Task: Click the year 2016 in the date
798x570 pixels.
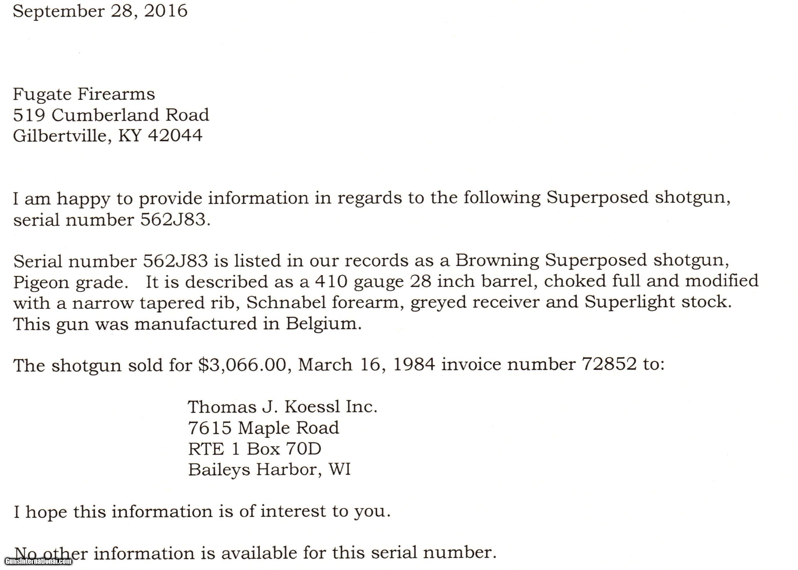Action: [165, 11]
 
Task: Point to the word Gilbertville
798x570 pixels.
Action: [60, 136]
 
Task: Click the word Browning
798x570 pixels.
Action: [497, 260]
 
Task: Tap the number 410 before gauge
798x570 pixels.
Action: [331, 281]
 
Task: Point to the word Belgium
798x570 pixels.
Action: [323, 324]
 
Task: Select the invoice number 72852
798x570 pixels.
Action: [609, 364]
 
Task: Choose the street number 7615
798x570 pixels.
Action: [210, 428]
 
